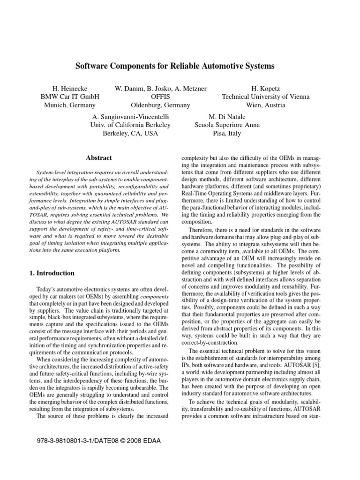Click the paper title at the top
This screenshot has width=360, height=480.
(175, 66)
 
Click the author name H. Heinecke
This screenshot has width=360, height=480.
(70, 88)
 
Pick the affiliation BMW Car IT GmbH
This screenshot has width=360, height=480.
(70, 97)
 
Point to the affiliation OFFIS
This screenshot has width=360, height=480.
(160, 97)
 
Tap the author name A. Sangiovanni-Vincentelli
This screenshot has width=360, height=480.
(130, 116)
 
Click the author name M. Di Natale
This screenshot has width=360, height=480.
(227, 116)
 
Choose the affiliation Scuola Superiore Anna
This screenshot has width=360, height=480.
(227, 125)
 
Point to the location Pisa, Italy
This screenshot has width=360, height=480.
(227, 134)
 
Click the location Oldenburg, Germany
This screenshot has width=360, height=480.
(160, 105)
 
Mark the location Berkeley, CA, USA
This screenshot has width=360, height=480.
(130, 134)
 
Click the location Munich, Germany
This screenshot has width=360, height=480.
(70, 105)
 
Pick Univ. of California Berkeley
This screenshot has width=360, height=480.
(130, 125)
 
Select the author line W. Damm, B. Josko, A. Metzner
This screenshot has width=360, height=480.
(160, 88)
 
